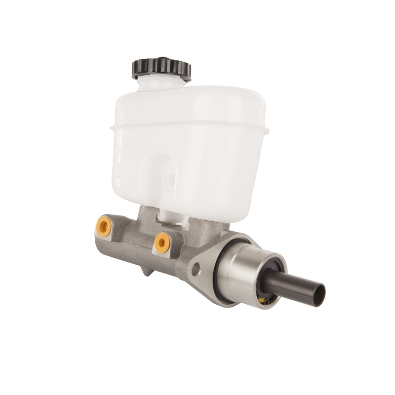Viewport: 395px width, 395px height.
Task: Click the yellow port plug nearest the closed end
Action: [103, 226]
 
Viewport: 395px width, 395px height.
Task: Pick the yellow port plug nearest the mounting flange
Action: [162, 242]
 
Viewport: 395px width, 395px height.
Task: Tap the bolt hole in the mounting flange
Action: [197, 269]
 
